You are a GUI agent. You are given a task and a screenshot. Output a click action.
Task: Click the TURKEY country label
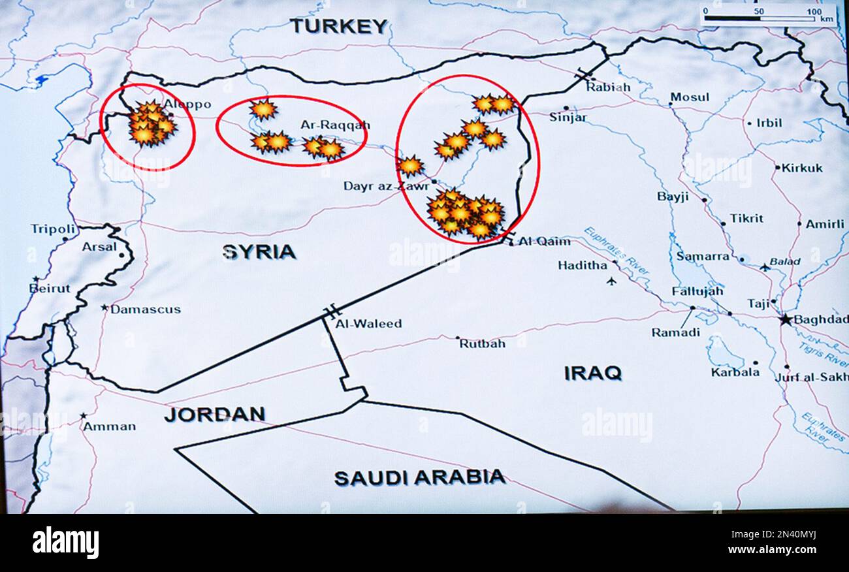(338, 26)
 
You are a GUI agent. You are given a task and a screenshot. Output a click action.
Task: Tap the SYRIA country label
(259, 251)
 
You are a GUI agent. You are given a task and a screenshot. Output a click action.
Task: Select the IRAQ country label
(592, 373)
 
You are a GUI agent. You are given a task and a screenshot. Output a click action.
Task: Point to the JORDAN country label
(214, 414)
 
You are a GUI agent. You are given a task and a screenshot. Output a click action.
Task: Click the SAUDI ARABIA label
(419, 477)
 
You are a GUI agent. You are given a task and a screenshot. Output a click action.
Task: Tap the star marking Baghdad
(786, 320)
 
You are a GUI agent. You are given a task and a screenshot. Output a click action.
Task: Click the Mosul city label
(689, 97)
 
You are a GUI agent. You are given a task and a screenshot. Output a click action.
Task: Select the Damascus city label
(145, 310)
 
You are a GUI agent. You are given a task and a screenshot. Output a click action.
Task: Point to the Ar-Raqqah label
(335, 125)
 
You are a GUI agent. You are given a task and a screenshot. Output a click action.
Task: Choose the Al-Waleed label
(368, 323)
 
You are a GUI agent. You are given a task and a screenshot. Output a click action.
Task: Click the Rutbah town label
(482, 343)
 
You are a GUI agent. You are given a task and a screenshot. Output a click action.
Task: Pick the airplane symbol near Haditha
(611, 281)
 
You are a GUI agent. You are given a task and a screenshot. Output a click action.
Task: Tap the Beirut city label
(50, 288)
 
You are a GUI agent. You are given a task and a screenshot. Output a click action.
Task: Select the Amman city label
(109, 426)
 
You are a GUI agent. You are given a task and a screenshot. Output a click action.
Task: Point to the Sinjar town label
(568, 118)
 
